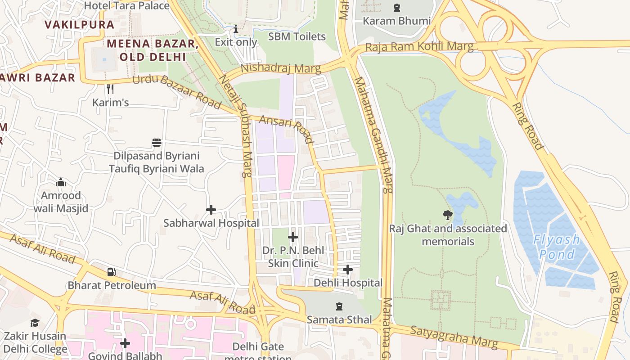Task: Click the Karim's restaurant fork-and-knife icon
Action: pos(110,89)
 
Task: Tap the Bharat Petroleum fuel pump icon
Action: pos(111,272)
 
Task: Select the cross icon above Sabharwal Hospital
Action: pos(211,210)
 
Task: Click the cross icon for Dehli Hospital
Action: pos(347,270)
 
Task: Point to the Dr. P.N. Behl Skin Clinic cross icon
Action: pos(293,237)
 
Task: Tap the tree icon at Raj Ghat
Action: pos(447,215)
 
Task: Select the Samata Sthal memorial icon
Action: pos(339,306)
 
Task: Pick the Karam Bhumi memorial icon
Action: pos(396,8)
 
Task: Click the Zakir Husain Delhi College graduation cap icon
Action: pos(35,323)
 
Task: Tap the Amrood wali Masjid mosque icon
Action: pos(61,182)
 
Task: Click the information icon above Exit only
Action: pos(236,29)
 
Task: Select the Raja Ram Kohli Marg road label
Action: pos(419,46)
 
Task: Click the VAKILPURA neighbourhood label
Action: pos(80,25)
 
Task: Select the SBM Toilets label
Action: pos(297,36)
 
